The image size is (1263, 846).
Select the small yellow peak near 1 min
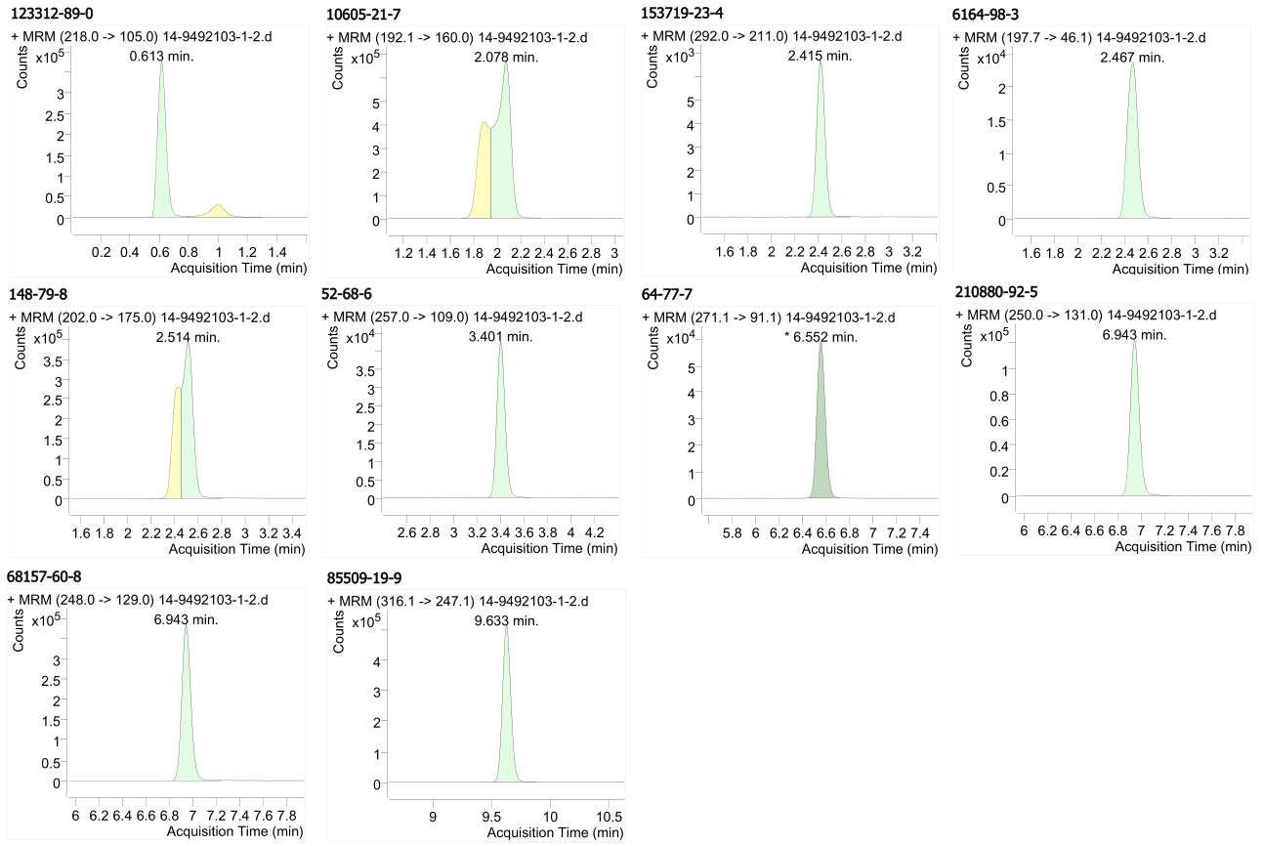[x=218, y=211]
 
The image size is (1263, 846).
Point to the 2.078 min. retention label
[x=505, y=57]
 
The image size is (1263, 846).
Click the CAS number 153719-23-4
[x=685, y=15]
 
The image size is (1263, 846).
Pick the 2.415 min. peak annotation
[x=821, y=56]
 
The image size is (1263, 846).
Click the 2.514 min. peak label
[x=189, y=337]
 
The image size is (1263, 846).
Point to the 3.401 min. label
[x=500, y=337]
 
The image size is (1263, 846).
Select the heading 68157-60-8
[x=47, y=575]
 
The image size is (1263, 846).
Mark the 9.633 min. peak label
[x=506, y=619]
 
